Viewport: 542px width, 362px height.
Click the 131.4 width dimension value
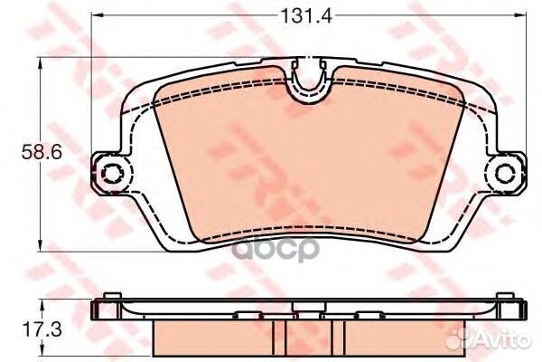coord(306,15)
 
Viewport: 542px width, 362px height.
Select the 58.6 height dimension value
coord(42,152)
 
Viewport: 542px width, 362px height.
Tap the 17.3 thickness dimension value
coord(42,329)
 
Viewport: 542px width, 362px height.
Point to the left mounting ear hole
coord(111,172)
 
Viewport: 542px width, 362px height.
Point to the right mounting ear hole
coord(506,172)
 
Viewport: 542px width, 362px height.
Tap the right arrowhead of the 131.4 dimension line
coord(519,15)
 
